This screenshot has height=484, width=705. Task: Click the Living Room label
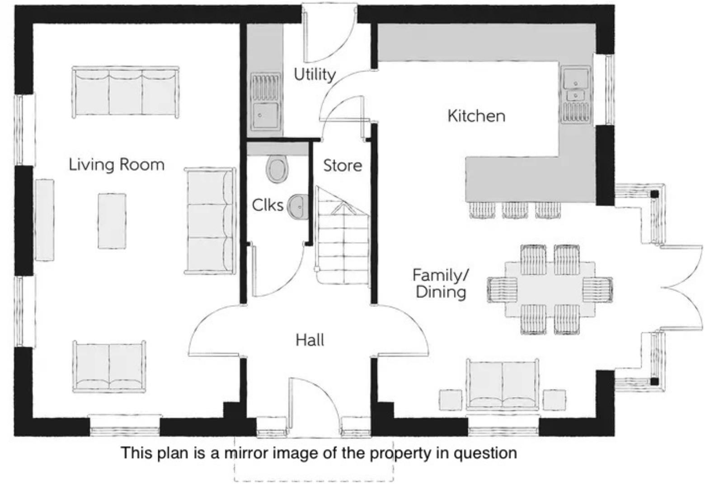coord(117,164)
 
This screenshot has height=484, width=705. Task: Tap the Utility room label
coord(315,74)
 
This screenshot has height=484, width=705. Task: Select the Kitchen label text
coord(476,116)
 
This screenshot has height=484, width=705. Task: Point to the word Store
coord(342,166)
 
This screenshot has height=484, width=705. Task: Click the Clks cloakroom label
coord(268,205)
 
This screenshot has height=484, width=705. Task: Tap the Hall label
coord(310,340)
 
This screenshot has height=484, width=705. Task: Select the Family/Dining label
coord(441,283)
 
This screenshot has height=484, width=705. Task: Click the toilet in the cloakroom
coord(277,169)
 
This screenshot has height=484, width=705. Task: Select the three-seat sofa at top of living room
coord(125,93)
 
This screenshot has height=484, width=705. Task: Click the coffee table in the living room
coord(112,221)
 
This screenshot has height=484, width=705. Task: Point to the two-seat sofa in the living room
coord(109,366)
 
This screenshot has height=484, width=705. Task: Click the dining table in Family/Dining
coord(550,289)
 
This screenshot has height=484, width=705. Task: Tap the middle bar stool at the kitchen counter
coord(515,210)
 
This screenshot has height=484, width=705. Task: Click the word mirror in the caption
coord(248,452)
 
